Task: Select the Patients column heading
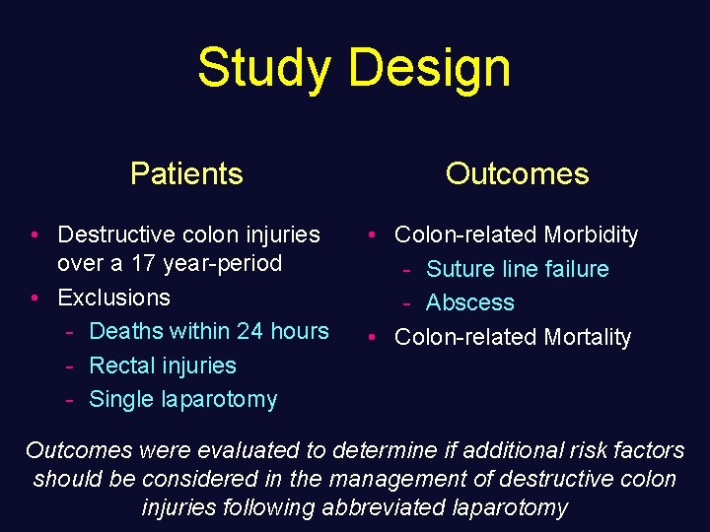186,173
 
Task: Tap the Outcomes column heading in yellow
517,173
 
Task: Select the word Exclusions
113,298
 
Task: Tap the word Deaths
124,331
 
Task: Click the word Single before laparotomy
121,399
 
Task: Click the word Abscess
470,302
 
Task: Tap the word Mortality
584,337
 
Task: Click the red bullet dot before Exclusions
35,298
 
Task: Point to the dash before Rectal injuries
70,366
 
